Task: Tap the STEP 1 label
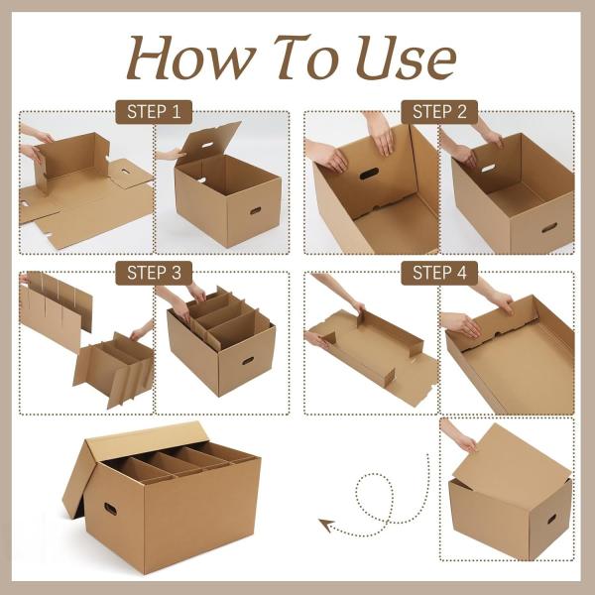click(x=154, y=112)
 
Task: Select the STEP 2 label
click(x=439, y=112)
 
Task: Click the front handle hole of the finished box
click(x=110, y=509)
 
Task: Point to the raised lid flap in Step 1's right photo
click(x=210, y=141)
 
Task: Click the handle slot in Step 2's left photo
click(x=369, y=175)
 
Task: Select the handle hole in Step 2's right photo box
click(x=548, y=227)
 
